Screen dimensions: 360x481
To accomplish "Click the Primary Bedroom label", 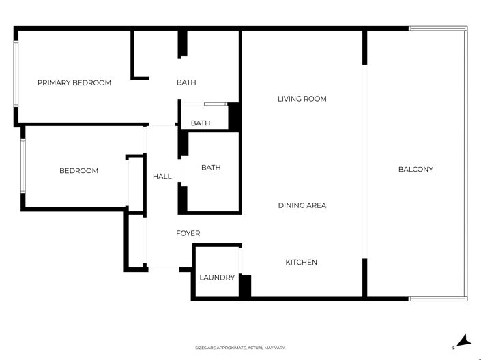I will pyautogui.click(x=74, y=82).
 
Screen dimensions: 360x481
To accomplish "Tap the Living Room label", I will pyautogui.click(x=302, y=99).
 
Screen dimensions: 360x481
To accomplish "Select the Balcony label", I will pyautogui.click(x=416, y=169).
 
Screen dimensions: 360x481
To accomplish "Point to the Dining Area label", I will pyautogui.click(x=302, y=205).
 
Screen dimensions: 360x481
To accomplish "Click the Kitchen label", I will pyautogui.click(x=301, y=262).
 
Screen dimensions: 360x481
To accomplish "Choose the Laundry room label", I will pyautogui.click(x=217, y=277).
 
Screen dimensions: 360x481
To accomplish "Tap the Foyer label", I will pyautogui.click(x=188, y=233).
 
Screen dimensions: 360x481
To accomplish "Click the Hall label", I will pyautogui.click(x=162, y=176).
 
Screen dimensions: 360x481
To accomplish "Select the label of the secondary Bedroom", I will pyautogui.click(x=78, y=170).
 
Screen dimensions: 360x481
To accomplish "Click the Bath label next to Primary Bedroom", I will pyautogui.click(x=186, y=82).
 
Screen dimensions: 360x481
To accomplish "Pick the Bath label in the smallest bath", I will pyautogui.click(x=200, y=123).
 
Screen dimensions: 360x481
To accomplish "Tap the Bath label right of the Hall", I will pyautogui.click(x=211, y=167).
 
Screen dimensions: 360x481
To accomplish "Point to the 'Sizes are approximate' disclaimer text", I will pyautogui.click(x=240, y=348).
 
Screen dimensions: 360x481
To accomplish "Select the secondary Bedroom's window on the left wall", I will pyautogui.click(x=23, y=166).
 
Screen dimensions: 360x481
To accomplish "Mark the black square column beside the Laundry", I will pyautogui.click(x=245, y=285).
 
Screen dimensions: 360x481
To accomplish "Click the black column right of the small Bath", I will pyautogui.click(x=233, y=117).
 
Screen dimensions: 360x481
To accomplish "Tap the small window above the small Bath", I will pyautogui.click(x=215, y=104).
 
